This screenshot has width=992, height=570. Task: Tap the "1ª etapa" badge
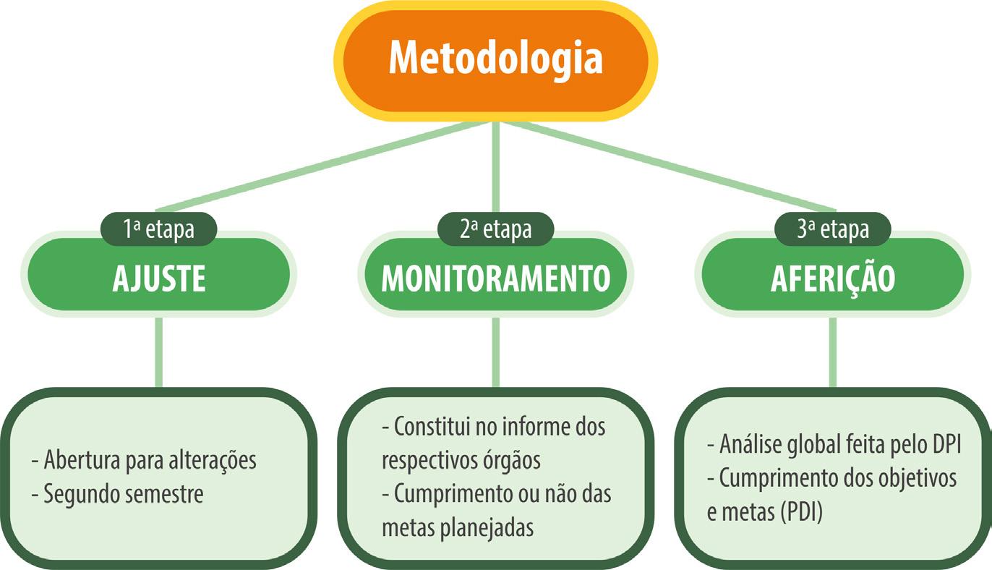point(159,229)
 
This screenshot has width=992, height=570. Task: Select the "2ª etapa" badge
point(496,229)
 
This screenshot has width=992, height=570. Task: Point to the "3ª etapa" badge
point(832,229)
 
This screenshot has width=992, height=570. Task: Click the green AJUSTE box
point(159,279)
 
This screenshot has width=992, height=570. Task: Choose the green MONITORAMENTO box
point(496,279)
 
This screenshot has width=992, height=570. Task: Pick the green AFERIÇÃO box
point(832,279)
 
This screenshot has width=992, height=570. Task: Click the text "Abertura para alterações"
point(150,460)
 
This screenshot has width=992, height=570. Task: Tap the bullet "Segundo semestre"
point(123,494)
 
